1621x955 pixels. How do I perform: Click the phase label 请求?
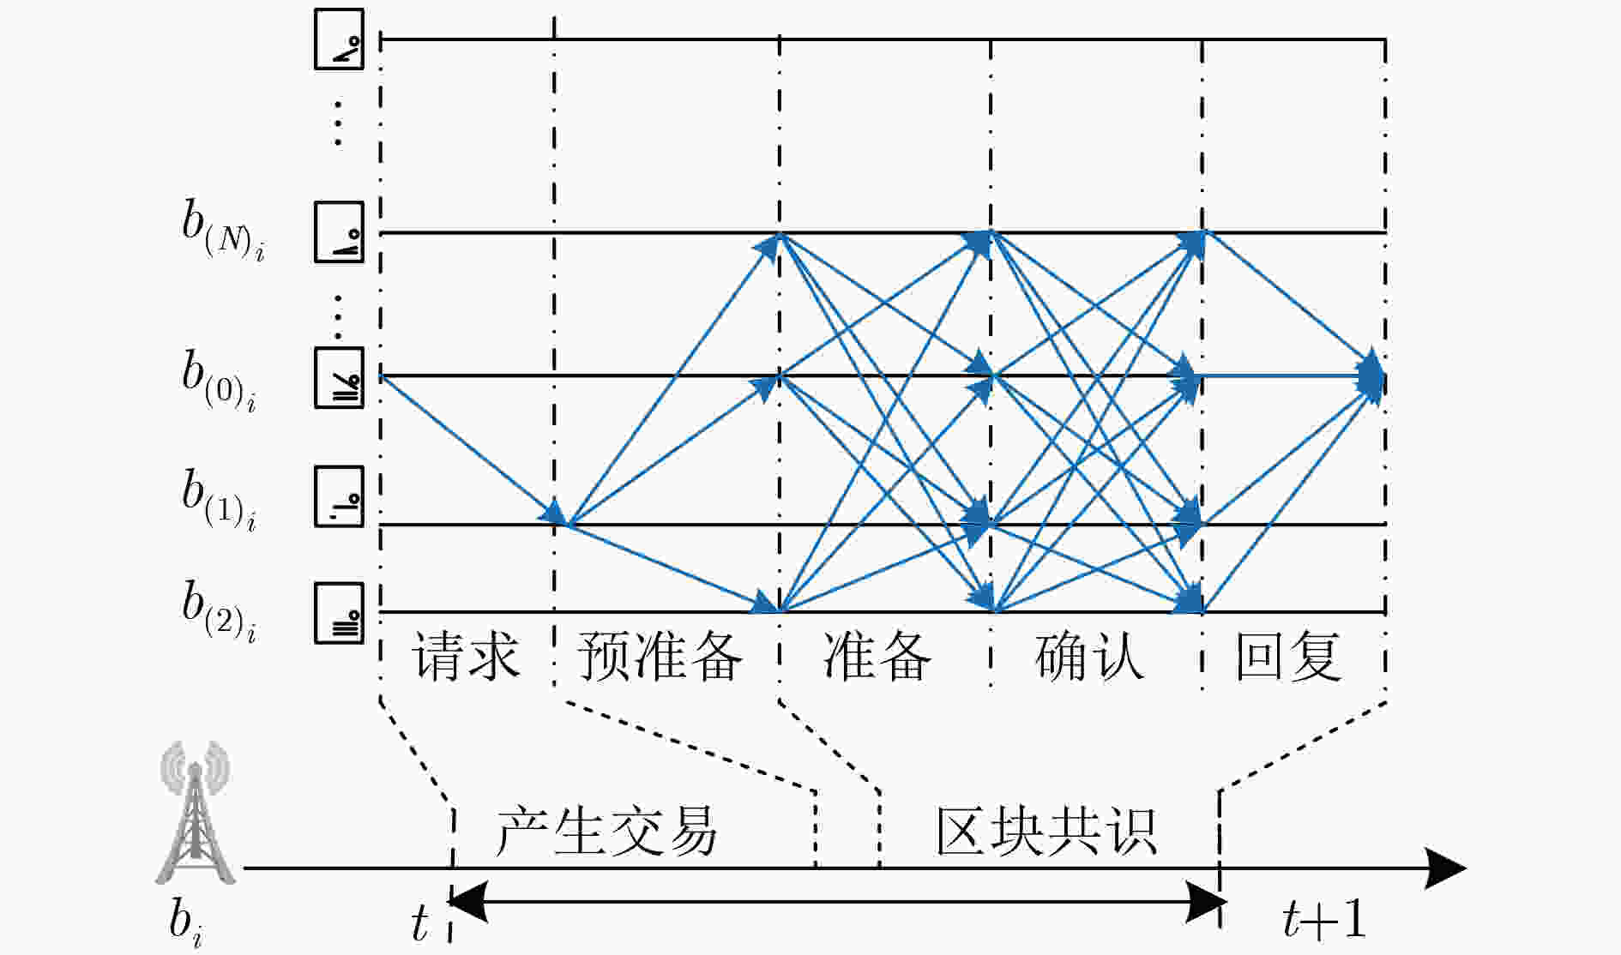pyautogui.click(x=466, y=657)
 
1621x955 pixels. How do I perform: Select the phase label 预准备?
pyautogui.click(x=659, y=657)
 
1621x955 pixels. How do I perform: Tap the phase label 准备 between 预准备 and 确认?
pyautogui.click(x=877, y=657)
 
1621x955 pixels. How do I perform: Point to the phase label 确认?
pyautogui.click(x=1089, y=657)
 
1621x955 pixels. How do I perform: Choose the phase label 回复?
pyautogui.click(x=1288, y=657)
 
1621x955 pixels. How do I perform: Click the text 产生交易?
pyautogui.click(x=606, y=831)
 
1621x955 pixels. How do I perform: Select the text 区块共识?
pyautogui.click(x=1046, y=831)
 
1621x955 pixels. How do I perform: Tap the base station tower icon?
pyautogui.click(x=195, y=812)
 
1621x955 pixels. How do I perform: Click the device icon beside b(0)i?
pyautogui.click(x=339, y=378)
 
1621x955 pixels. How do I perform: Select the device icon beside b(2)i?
pyautogui.click(x=339, y=613)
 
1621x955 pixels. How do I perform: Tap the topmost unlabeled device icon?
pyautogui.click(x=339, y=39)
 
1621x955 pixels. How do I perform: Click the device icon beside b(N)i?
pyautogui.click(x=339, y=232)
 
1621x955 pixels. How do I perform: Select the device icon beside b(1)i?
pyautogui.click(x=339, y=496)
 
